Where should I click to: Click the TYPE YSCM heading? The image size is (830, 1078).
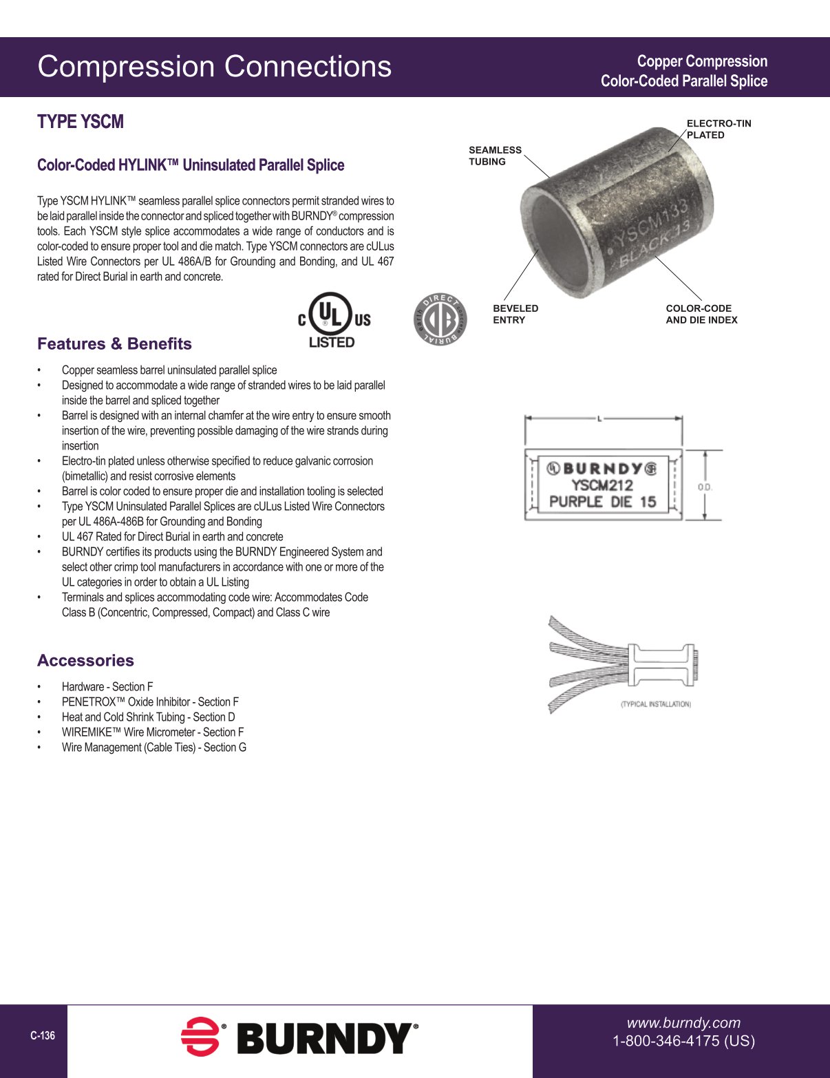[x=81, y=122]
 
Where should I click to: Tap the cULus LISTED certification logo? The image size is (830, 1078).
[x=334, y=320]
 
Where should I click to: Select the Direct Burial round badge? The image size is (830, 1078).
[x=440, y=319]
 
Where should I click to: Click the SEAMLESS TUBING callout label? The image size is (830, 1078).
[x=495, y=156]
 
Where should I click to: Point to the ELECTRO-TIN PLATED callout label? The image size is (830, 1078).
[x=719, y=129]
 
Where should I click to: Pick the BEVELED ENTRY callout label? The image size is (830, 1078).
[x=515, y=314]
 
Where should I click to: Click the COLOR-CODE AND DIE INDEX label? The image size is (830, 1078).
[x=701, y=314]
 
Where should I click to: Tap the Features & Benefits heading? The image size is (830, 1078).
[x=114, y=344]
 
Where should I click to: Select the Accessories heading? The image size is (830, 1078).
[x=85, y=660]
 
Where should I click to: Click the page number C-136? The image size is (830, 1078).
[x=43, y=1035]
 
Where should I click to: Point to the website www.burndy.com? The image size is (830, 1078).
[x=683, y=1023]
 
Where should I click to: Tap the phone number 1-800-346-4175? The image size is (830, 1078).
[x=683, y=1041]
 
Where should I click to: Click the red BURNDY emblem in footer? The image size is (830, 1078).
[x=200, y=1037]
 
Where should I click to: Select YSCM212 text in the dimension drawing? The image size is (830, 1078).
[x=602, y=485]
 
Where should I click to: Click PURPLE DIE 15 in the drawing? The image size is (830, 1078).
[x=602, y=502]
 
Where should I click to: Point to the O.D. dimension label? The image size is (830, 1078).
[x=704, y=487]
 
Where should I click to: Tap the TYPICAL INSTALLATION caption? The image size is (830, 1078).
[x=655, y=704]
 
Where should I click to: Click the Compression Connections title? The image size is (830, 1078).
[x=214, y=67]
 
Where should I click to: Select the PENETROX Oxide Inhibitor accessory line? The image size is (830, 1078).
[x=150, y=702]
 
